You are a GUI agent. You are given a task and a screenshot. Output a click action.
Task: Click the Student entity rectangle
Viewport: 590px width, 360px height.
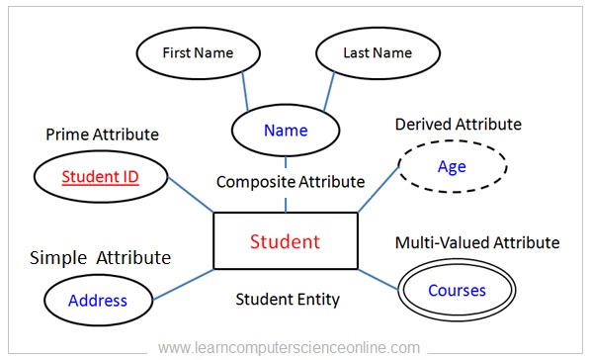coord(285,240)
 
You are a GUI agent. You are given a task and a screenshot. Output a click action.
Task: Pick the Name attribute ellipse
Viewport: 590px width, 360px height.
coord(286,130)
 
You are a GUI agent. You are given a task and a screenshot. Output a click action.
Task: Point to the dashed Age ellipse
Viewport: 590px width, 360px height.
coord(452,166)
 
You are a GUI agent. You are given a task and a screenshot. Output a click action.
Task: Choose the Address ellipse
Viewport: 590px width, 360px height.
coord(98,300)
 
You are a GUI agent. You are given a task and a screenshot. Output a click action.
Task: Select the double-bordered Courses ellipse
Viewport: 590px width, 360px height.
coord(457,291)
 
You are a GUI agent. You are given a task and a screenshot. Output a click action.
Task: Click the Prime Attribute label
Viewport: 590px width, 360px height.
coord(103,134)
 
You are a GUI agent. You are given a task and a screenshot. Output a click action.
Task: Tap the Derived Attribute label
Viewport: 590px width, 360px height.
coord(458,124)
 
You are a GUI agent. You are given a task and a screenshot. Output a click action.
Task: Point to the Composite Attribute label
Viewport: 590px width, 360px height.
coord(291,182)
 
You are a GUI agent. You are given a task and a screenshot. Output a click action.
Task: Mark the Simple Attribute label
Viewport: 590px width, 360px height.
coord(101,258)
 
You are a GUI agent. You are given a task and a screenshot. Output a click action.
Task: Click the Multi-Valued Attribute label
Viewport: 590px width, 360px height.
coord(477,242)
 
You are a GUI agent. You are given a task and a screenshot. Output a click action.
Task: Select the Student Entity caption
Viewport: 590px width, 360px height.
coord(288,298)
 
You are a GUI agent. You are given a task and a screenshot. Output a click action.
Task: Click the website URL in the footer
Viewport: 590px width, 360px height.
coord(290,347)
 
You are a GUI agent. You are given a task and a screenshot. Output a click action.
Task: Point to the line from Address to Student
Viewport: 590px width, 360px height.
coord(183,282)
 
